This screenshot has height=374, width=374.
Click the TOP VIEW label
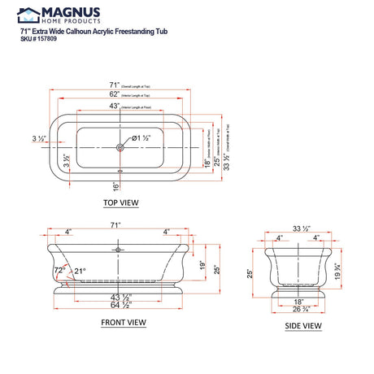click(120, 202)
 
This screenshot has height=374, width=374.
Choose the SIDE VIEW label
click(302, 326)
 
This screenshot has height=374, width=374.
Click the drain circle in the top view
click(120, 147)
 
